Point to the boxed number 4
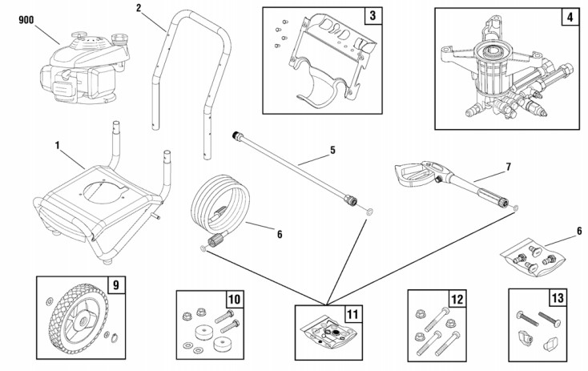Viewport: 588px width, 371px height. (x=567, y=17)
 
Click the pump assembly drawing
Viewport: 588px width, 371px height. (x=497, y=76)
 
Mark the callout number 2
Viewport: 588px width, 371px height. (x=139, y=8)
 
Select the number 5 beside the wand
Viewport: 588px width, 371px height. (x=332, y=149)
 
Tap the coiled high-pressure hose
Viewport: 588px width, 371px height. (x=218, y=210)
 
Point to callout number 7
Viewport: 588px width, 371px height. (x=506, y=167)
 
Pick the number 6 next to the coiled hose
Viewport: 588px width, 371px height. (x=279, y=236)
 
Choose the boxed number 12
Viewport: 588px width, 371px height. (x=457, y=300)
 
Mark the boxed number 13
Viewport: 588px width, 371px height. (x=558, y=300)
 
